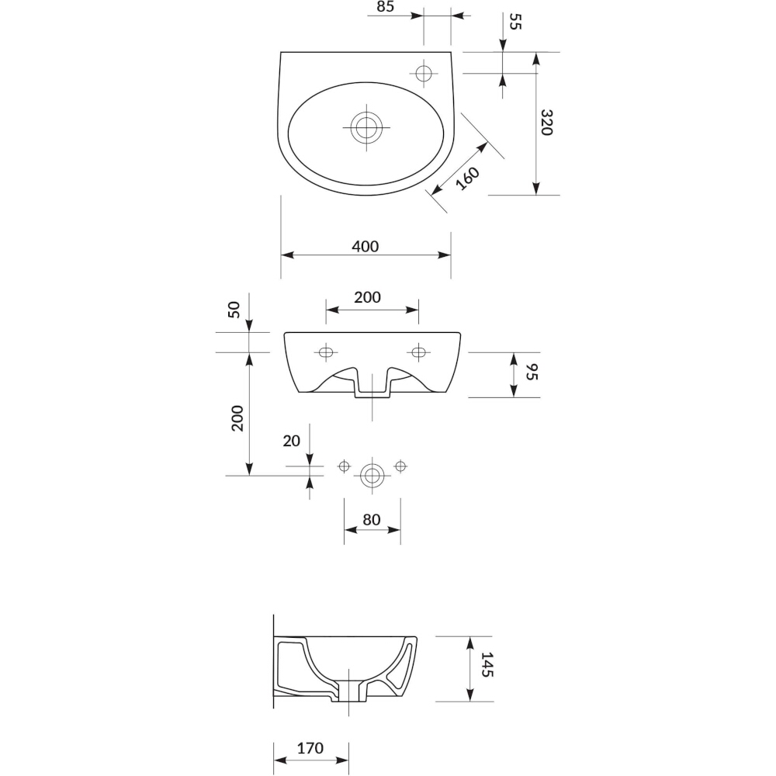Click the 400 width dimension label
point(365,246)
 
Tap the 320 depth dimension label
point(546,123)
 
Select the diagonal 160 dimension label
point(467,178)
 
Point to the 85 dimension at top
point(385,6)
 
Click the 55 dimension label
point(515,22)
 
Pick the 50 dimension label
point(234,310)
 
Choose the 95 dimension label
point(531,371)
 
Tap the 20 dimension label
point(292,441)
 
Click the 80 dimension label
point(371,519)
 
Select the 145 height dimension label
point(487,665)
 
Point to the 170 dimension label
point(310,747)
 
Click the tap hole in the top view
point(424,74)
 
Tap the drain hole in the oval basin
point(366,126)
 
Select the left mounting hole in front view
point(326,352)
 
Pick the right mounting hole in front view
point(419,352)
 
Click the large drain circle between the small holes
point(372,476)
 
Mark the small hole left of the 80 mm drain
point(344,466)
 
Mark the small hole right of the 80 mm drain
point(400,466)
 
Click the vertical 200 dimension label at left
point(237,418)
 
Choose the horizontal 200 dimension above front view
point(367,297)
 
